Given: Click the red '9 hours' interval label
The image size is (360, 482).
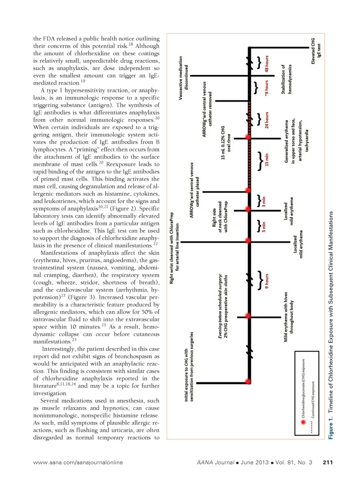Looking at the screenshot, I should pyautogui.click(x=267, y=281).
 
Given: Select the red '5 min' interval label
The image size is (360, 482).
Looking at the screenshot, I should pyautogui.click(x=264, y=227).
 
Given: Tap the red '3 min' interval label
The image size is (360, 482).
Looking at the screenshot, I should pyautogui.click(x=264, y=202).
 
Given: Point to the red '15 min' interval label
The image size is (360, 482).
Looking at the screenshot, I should pyautogui.click(x=267, y=159).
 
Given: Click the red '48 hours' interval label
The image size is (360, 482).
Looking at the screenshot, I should pyautogui.click(x=267, y=64).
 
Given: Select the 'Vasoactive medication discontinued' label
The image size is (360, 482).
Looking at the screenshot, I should pyautogui.click(x=183, y=78).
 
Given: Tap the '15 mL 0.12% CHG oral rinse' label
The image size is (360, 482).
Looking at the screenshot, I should pyautogui.click(x=226, y=143).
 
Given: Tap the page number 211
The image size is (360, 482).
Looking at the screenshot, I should pyautogui.click(x=327, y=462).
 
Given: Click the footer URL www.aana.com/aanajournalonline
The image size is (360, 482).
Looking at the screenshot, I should pyautogui.click(x=78, y=462).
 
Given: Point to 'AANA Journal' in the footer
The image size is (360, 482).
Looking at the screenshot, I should pyautogui.click(x=215, y=462).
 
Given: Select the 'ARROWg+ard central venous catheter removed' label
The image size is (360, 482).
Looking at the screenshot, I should pyautogui.click(x=207, y=109).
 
